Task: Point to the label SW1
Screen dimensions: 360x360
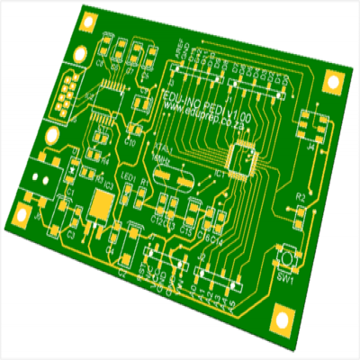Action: pyautogui.click(x=283, y=278)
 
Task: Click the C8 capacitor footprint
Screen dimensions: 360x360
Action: pyautogui.click(x=102, y=56)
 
